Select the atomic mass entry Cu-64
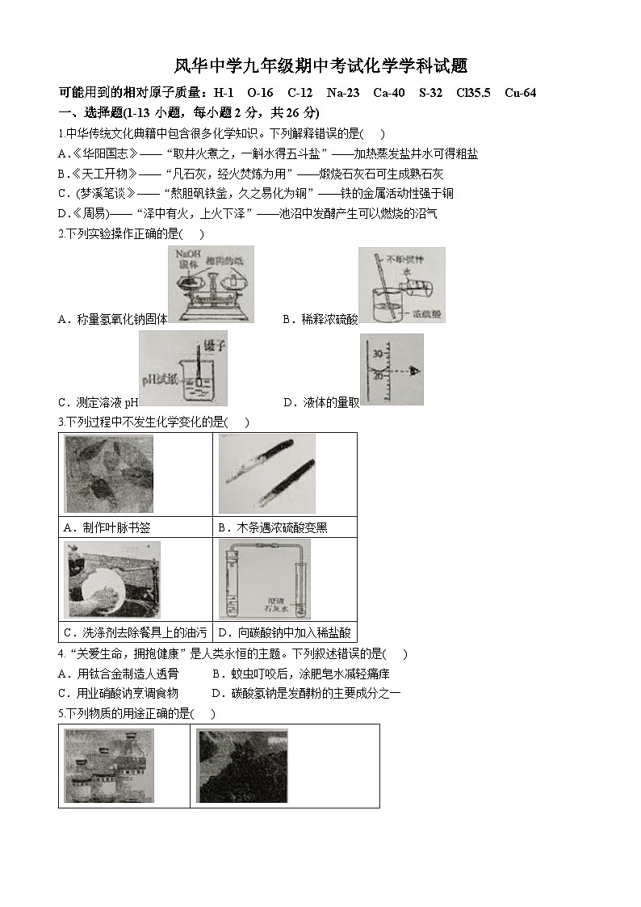click(520, 93)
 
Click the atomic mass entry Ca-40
click(389, 93)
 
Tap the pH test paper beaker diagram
click(183, 368)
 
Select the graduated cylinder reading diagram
click(391, 370)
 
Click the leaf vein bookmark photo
click(108, 474)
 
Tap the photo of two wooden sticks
click(266, 474)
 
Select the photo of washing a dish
click(111, 579)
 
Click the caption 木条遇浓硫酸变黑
click(271, 528)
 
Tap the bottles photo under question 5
click(108, 765)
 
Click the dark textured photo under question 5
click(242, 765)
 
